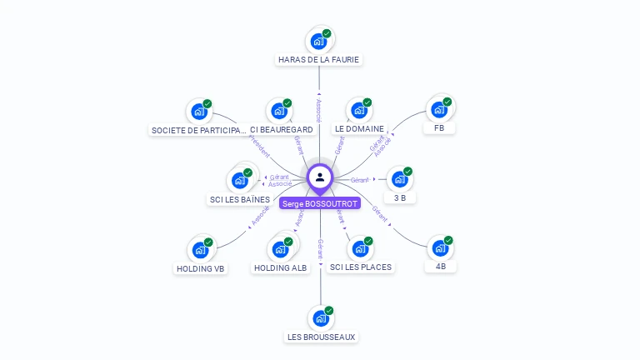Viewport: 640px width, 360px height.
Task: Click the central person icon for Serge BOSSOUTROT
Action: tap(320, 177)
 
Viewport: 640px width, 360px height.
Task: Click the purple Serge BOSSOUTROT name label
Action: tap(320, 203)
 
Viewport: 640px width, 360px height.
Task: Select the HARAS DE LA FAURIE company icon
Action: tap(318, 41)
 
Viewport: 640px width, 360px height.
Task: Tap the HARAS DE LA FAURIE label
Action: tap(319, 60)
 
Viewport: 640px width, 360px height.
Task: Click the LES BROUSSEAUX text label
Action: tap(321, 337)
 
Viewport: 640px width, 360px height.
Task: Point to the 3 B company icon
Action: tap(400, 179)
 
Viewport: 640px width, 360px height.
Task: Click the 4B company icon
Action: tap(440, 248)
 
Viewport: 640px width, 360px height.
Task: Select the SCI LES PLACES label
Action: tap(361, 267)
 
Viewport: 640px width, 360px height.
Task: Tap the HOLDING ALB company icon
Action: tap(280, 248)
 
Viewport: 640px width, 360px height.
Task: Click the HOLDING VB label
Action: tap(201, 268)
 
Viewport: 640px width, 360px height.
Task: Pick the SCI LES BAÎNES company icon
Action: tap(240, 180)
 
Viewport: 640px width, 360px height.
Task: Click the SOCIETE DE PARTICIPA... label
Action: tap(199, 130)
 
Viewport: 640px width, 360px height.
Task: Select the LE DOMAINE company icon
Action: tap(359, 110)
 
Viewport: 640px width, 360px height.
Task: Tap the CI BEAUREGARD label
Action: tap(282, 130)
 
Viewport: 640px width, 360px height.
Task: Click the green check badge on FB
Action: tap(447, 102)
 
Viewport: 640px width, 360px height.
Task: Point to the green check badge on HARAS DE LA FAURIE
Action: tap(327, 33)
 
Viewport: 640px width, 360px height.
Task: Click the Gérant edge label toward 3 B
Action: tap(360, 180)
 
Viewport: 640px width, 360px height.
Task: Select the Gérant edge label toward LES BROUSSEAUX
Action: tap(320, 247)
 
